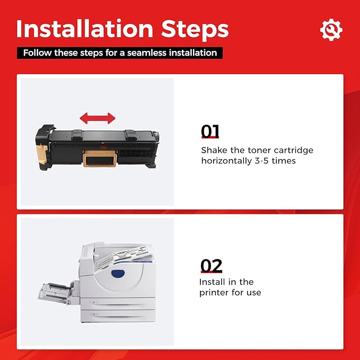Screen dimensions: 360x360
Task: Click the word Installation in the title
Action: [x=84, y=29]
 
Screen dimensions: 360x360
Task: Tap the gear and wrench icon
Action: [x=331, y=30]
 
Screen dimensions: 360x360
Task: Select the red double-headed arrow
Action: [x=98, y=118]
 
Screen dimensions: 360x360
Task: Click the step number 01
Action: [x=210, y=131]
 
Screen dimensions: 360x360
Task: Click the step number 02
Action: [x=211, y=266]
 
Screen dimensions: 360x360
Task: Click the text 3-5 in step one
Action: [x=261, y=161]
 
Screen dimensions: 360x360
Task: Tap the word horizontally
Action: [x=226, y=161]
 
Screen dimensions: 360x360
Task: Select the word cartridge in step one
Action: [x=293, y=151]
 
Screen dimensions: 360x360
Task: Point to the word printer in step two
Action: [x=214, y=293]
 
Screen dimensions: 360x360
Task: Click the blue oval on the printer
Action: [x=118, y=273]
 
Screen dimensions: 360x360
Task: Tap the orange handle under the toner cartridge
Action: [x=100, y=159]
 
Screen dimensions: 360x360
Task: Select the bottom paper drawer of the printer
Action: [x=118, y=315]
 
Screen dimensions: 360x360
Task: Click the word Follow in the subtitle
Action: [x=37, y=53]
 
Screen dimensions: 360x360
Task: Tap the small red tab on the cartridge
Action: [x=103, y=147]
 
